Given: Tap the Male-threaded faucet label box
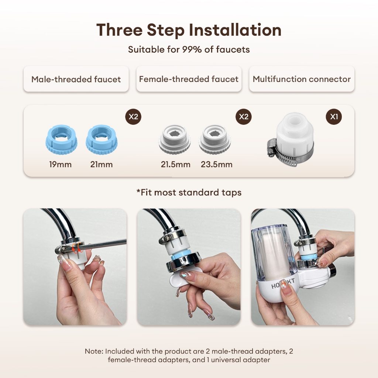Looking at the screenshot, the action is [x=76, y=79].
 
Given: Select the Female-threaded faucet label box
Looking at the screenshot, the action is [x=189, y=79].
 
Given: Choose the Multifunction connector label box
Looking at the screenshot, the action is [x=302, y=79].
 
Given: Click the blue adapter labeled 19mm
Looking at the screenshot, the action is [x=62, y=140].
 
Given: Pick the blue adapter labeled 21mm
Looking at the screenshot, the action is [x=102, y=140].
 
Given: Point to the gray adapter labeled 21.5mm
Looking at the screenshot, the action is [x=175, y=140].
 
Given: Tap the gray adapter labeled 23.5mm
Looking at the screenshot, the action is [x=215, y=140].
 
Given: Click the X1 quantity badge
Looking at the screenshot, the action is [x=334, y=117].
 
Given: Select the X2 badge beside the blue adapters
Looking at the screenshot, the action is [x=133, y=117].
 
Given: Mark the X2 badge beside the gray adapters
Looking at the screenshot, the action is [x=244, y=117].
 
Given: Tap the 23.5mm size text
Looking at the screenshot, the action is [x=216, y=164].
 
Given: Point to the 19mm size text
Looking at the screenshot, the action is [x=60, y=164].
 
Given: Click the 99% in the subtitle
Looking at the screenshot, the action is [x=192, y=49].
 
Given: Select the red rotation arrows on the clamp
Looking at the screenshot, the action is [x=78, y=248].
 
